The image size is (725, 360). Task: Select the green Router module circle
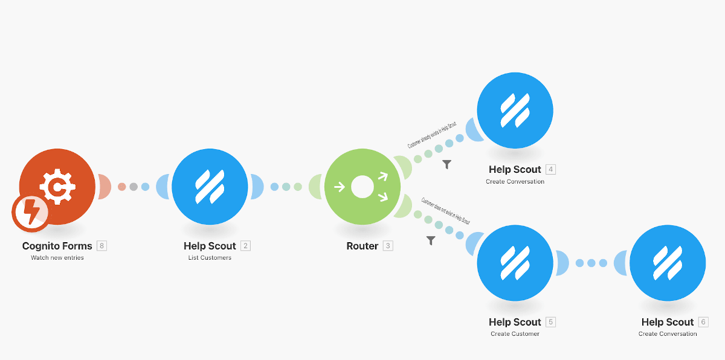click(362, 187)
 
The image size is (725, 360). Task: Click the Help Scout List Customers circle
click(210, 187)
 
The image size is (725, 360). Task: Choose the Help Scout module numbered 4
click(515, 111)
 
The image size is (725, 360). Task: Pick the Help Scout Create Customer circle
click(515, 263)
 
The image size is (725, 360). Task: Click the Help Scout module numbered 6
click(668, 263)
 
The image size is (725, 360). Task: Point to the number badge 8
click(101, 246)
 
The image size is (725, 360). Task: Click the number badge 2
click(245, 246)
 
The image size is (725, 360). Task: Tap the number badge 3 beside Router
click(388, 246)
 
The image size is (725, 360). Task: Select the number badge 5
click(550, 322)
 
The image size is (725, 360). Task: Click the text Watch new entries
click(57, 258)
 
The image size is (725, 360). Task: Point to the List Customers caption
click(210, 258)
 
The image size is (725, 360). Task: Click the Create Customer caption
click(515, 334)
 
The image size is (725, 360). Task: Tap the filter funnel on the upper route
click(446, 164)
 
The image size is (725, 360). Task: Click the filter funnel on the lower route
click(431, 240)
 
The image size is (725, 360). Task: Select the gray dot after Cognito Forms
click(134, 187)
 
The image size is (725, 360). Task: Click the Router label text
click(362, 246)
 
